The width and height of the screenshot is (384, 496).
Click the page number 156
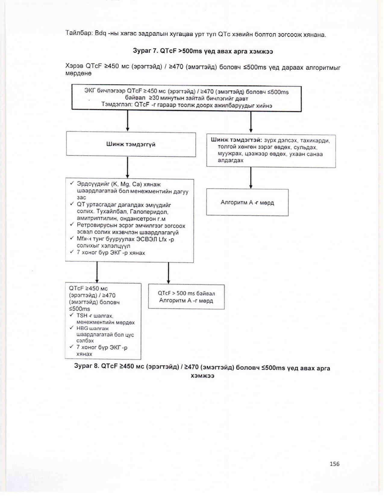[334, 464]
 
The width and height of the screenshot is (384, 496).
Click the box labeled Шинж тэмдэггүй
[131, 144]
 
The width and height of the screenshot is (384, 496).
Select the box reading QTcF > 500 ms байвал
[186, 297]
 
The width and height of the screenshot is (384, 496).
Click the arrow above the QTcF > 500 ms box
[168, 273]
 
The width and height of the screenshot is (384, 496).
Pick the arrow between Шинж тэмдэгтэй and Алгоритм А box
[251, 178]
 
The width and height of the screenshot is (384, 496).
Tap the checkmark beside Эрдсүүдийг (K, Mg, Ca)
[72, 183]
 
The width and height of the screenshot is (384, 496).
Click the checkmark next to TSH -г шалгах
[71, 315]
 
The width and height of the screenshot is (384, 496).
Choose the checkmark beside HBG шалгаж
[71, 328]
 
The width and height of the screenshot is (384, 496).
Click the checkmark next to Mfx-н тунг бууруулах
[72, 238]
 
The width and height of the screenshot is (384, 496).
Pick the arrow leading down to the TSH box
[97, 272]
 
